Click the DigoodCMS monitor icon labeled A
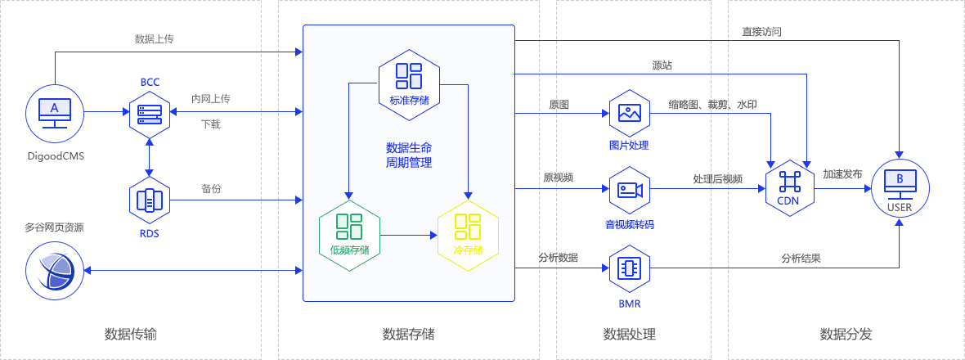point(55,111)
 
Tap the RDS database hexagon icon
point(150,199)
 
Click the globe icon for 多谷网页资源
point(55,271)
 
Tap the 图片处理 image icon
point(629,114)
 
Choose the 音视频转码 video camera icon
point(629,190)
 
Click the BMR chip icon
point(629,268)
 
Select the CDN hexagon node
point(788,187)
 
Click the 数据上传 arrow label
point(155,39)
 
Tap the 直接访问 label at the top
point(761,32)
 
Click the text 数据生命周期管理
point(408,155)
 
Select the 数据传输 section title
point(131,334)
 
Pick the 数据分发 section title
point(846,334)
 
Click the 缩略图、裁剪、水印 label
point(712,105)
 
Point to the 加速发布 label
point(842,175)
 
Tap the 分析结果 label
point(801,258)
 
